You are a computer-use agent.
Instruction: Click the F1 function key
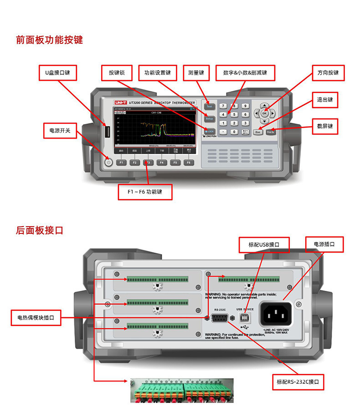(x=121, y=162)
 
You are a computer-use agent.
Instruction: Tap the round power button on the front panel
(x=108, y=162)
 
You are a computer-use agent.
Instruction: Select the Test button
(x=209, y=106)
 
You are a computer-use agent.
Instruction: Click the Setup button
(x=209, y=119)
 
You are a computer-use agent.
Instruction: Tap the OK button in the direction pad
(x=264, y=113)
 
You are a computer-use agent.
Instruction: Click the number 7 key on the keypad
(x=223, y=106)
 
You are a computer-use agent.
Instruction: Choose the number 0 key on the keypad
(x=234, y=132)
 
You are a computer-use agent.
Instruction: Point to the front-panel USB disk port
(x=108, y=132)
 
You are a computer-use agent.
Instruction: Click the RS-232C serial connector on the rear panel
(x=220, y=318)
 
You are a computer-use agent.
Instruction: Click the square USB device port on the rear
(x=246, y=317)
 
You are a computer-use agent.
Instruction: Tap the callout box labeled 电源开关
(x=60, y=130)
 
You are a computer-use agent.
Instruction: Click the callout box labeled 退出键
(x=324, y=100)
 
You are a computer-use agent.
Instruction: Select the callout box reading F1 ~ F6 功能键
(x=145, y=191)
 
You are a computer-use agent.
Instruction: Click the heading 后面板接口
(x=39, y=230)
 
